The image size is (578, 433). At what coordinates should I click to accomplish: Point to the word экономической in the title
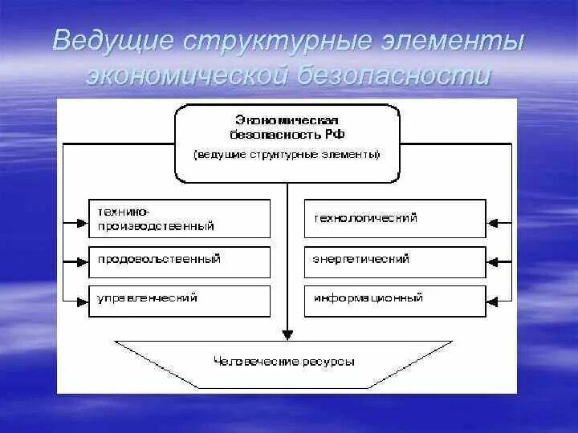(x=186, y=76)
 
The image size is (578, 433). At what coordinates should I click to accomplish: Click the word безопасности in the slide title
(x=392, y=76)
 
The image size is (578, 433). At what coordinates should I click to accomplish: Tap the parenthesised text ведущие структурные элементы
(x=287, y=154)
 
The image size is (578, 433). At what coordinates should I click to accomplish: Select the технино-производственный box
(x=179, y=219)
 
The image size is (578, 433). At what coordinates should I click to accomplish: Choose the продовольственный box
(x=179, y=261)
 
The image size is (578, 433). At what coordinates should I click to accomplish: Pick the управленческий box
(x=179, y=300)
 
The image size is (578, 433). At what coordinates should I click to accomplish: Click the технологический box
(x=394, y=219)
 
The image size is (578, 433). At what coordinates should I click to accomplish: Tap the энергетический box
(x=394, y=261)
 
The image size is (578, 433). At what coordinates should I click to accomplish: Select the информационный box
(x=394, y=300)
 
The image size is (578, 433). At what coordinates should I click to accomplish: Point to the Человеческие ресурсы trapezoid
(x=286, y=362)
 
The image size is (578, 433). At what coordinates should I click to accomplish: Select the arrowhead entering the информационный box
(x=494, y=301)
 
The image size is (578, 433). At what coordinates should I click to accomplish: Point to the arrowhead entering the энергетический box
(x=494, y=261)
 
